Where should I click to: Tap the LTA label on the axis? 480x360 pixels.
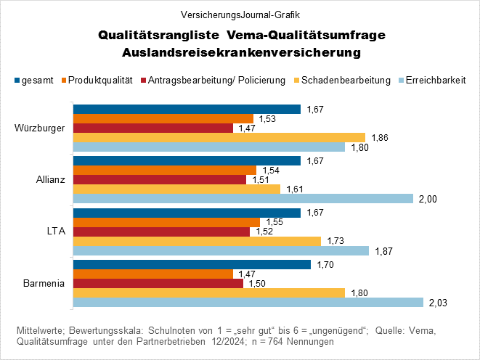(56, 232)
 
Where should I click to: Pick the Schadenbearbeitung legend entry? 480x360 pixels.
(345, 80)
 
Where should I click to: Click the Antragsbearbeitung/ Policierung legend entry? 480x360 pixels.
(216, 80)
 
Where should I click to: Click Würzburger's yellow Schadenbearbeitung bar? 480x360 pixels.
(218, 137)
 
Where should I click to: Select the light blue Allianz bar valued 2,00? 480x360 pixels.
(243, 199)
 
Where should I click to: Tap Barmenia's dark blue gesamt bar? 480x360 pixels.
(192, 264)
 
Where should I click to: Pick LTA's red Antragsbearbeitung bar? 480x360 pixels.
(161, 232)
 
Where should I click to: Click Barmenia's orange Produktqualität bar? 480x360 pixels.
(152, 274)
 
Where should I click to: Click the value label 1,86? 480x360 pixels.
(380, 137)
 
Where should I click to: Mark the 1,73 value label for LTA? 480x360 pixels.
(335, 241)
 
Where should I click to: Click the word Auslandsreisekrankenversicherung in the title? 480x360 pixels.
(240, 52)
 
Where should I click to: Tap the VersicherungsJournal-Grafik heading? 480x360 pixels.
(240, 14)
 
